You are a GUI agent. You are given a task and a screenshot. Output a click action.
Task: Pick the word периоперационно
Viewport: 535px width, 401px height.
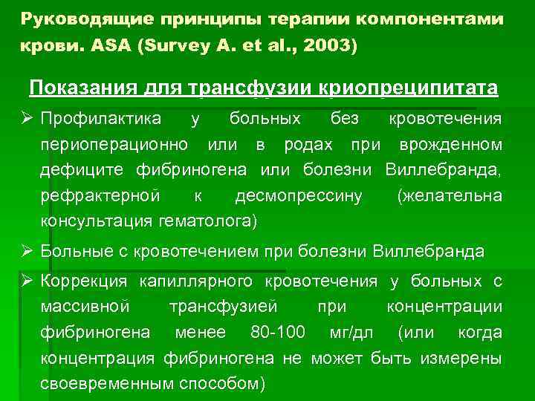118,145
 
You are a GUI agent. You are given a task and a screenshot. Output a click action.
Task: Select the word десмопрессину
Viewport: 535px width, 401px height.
299,196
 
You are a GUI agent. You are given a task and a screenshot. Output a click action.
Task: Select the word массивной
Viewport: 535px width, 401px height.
86,307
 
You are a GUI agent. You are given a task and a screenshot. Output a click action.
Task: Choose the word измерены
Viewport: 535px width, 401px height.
461,358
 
